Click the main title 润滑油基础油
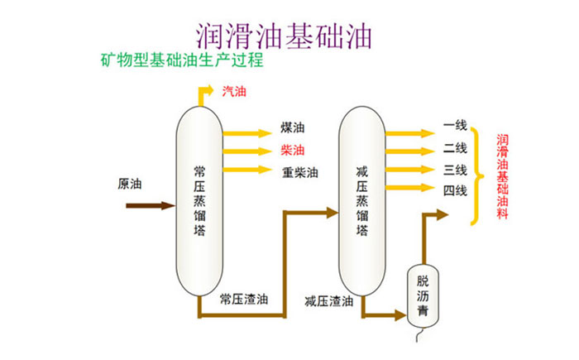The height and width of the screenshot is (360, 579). [284, 34]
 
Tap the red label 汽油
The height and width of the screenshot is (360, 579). [235, 91]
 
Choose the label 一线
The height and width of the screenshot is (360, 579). [455, 126]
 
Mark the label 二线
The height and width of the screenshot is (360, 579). [455, 148]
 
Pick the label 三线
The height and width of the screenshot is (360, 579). [455, 170]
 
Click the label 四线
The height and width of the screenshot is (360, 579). [455, 192]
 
